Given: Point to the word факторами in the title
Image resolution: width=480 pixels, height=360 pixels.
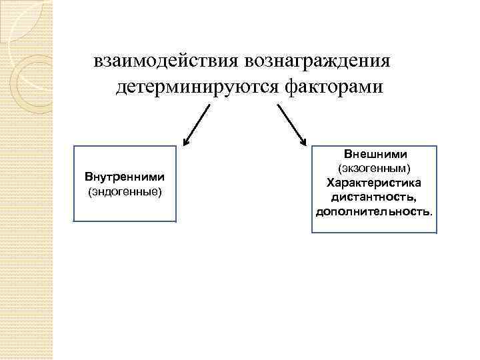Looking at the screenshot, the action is tap(335, 87).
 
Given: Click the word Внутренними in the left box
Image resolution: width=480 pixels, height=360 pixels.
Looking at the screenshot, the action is tap(125, 178).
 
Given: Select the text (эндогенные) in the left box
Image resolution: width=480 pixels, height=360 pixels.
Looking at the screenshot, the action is tap(125, 192).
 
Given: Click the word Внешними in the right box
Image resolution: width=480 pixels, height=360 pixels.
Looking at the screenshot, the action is tap(375, 154).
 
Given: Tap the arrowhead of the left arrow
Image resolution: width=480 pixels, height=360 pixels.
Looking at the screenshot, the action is tap(187, 141).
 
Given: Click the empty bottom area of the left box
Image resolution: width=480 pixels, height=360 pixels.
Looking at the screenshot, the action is tap(125, 210).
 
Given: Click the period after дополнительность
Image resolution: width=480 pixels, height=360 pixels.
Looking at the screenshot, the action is tap(431, 213).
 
